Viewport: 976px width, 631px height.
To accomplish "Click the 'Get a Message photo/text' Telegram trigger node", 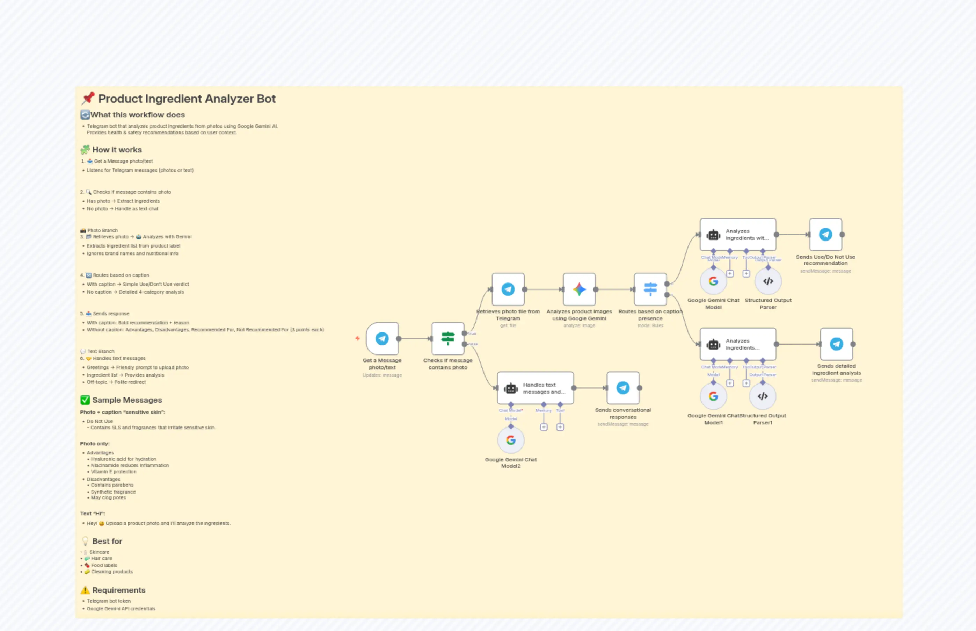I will pyautogui.click(x=382, y=338).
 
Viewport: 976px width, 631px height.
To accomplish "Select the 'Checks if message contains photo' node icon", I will pyautogui.click(x=447, y=338).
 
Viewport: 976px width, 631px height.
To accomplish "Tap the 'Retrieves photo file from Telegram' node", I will pyautogui.click(x=508, y=289).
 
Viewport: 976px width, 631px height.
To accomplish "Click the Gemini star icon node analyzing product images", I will pyautogui.click(x=579, y=289).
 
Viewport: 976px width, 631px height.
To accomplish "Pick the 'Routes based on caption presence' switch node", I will pyautogui.click(x=650, y=289).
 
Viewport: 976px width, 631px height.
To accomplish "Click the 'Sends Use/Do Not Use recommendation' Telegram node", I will pyautogui.click(x=825, y=234).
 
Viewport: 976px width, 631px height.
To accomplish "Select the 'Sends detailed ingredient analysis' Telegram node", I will pyautogui.click(x=836, y=344).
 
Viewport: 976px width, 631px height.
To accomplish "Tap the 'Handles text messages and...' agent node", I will pyautogui.click(x=535, y=388).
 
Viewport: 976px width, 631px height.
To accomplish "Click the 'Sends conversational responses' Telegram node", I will pyautogui.click(x=623, y=388).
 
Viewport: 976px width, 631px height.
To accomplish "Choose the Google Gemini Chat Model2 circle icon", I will pyautogui.click(x=510, y=440).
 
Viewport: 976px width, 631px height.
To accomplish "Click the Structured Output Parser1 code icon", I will pyautogui.click(x=762, y=396).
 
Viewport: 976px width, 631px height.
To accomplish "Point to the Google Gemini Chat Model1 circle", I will pyautogui.click(x=713, y=396).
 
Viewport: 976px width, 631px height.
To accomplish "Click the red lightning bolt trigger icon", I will pyautogui.click(x=357, y=338).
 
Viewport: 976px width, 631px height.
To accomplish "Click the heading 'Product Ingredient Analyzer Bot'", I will pyautogui.click(x=187, y=99).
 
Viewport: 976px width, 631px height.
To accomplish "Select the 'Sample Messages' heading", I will pyautogui.click(x=127, y=400).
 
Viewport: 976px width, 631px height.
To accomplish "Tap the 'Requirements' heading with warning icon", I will pyautogui.click(x=118, y=590).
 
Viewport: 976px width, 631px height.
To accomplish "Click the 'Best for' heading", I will pyautogui.click(x=107, y=541).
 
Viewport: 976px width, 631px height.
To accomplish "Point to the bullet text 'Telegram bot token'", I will pyautogui.click(x=109, y=601).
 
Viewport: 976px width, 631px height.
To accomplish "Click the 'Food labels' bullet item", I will pyautogui.click(x=104, y=565).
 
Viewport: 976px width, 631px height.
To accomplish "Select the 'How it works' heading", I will pyautogui.click(x=117, y=150).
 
